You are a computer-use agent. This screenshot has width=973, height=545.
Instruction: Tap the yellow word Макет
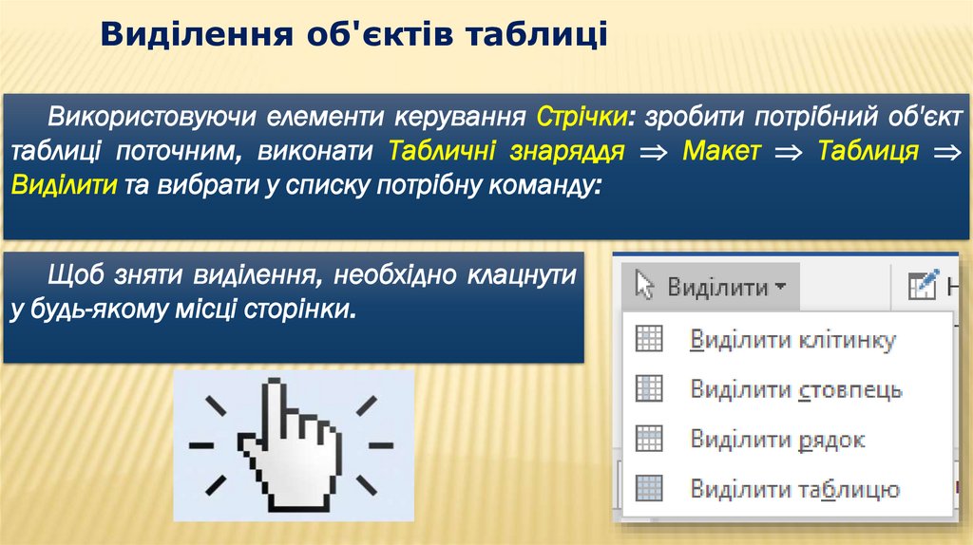click(722, 151)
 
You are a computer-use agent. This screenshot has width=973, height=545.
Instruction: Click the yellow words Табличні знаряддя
click(506, 151)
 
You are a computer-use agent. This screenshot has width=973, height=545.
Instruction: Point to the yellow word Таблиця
click(868, 151)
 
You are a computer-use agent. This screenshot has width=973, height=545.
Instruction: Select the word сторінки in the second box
click(305, 309)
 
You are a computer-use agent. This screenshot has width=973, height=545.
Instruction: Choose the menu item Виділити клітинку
click(792, 340)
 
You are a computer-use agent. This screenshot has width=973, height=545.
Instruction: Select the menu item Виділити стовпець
click(795, 389)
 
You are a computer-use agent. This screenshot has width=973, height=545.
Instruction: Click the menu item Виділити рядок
click(776, 440)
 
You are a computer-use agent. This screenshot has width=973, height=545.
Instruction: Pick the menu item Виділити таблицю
click(794, 489)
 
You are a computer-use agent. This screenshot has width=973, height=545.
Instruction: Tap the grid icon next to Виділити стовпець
click(649, 389)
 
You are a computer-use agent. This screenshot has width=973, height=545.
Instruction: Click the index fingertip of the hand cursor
click(275, 387)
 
